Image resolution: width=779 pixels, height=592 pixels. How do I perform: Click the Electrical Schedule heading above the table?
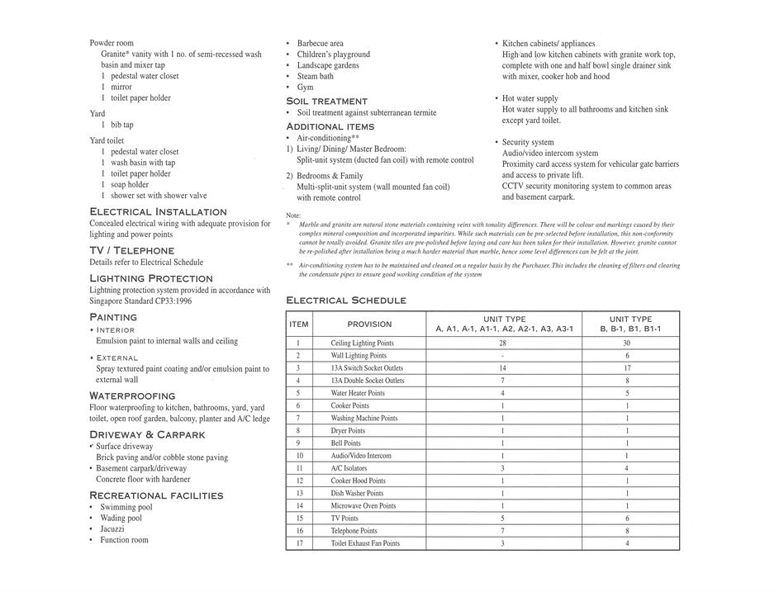point(346,301)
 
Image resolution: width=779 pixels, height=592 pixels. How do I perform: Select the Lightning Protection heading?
point(151,279)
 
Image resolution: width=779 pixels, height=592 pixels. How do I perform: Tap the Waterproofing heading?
point(132,396)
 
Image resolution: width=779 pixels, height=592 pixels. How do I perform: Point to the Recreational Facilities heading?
point(156,495)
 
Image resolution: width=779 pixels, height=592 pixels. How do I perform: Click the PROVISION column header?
point(369,324)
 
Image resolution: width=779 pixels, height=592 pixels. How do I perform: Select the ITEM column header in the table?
point(298,324)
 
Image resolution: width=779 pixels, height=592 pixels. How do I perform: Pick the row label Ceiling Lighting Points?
point(363,343)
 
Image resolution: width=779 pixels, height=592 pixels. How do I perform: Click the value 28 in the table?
point(502,343)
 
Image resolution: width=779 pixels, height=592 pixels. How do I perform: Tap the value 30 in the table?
point(627,343)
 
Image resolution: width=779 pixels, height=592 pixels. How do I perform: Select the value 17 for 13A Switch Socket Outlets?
point(627,368)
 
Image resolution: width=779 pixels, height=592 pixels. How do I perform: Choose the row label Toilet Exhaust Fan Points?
point(365,543)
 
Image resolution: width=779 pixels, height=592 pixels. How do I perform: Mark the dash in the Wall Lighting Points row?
point(502,356)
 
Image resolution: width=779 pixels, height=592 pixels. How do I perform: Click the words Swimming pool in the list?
point(126,508)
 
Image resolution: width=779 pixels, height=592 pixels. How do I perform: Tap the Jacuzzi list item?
point(113,529)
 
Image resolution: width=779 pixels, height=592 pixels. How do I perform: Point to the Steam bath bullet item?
point(316,76)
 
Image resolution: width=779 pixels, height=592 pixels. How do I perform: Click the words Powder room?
point(112,43)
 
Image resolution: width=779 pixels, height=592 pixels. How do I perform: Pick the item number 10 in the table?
point(299,456)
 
